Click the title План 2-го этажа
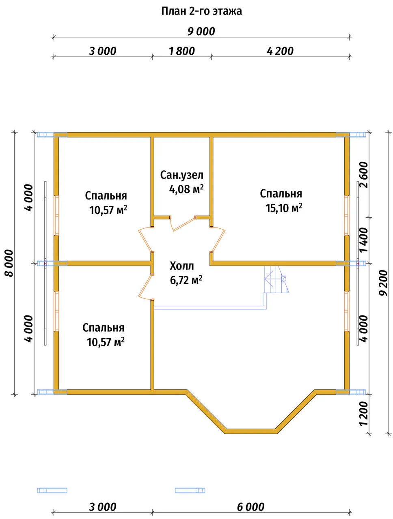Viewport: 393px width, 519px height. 201,11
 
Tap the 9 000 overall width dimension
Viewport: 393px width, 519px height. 201,32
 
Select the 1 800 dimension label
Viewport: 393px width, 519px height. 181,51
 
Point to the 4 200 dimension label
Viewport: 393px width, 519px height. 280,51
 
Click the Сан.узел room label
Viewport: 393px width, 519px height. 181,175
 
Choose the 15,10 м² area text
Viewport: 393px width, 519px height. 284,208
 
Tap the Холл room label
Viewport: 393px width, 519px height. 181,266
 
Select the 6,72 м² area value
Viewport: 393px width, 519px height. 186,280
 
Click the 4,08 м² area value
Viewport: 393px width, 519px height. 186,189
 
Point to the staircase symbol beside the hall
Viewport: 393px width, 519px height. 276,279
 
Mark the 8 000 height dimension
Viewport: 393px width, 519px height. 10,263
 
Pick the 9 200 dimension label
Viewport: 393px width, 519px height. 383,283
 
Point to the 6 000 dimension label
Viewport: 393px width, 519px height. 250,507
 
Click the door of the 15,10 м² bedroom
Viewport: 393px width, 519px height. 218,239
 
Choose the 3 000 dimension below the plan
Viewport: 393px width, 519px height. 102,507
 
